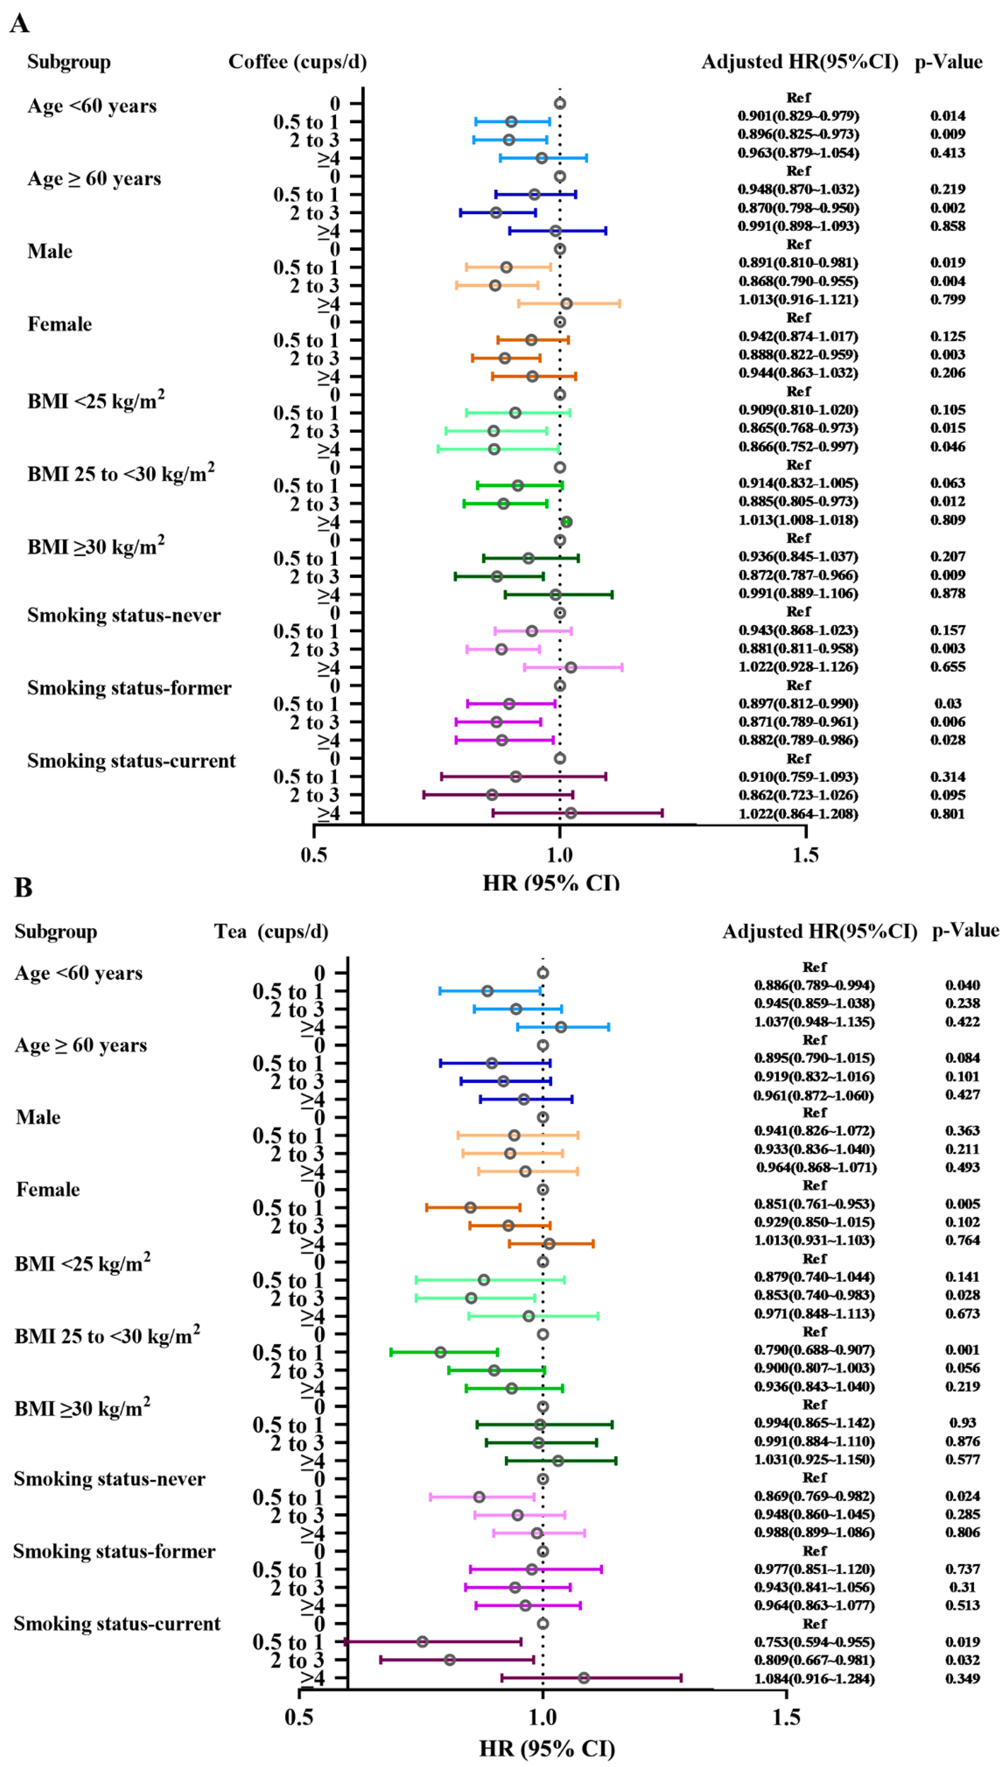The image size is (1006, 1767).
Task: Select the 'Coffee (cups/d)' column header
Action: (297, 62)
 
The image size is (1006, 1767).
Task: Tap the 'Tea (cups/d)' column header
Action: (271, 932)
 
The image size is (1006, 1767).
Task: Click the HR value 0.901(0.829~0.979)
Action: (798, 115)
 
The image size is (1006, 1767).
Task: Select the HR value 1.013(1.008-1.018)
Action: (798, 520)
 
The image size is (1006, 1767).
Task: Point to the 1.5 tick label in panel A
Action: (805, 855)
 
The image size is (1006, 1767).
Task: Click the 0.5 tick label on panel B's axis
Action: (298, 1717)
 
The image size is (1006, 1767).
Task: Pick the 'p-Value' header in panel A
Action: (948, 62)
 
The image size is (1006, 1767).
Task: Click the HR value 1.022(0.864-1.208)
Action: (798, 814)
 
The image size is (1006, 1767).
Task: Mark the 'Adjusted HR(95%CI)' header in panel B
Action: (820, 932)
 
